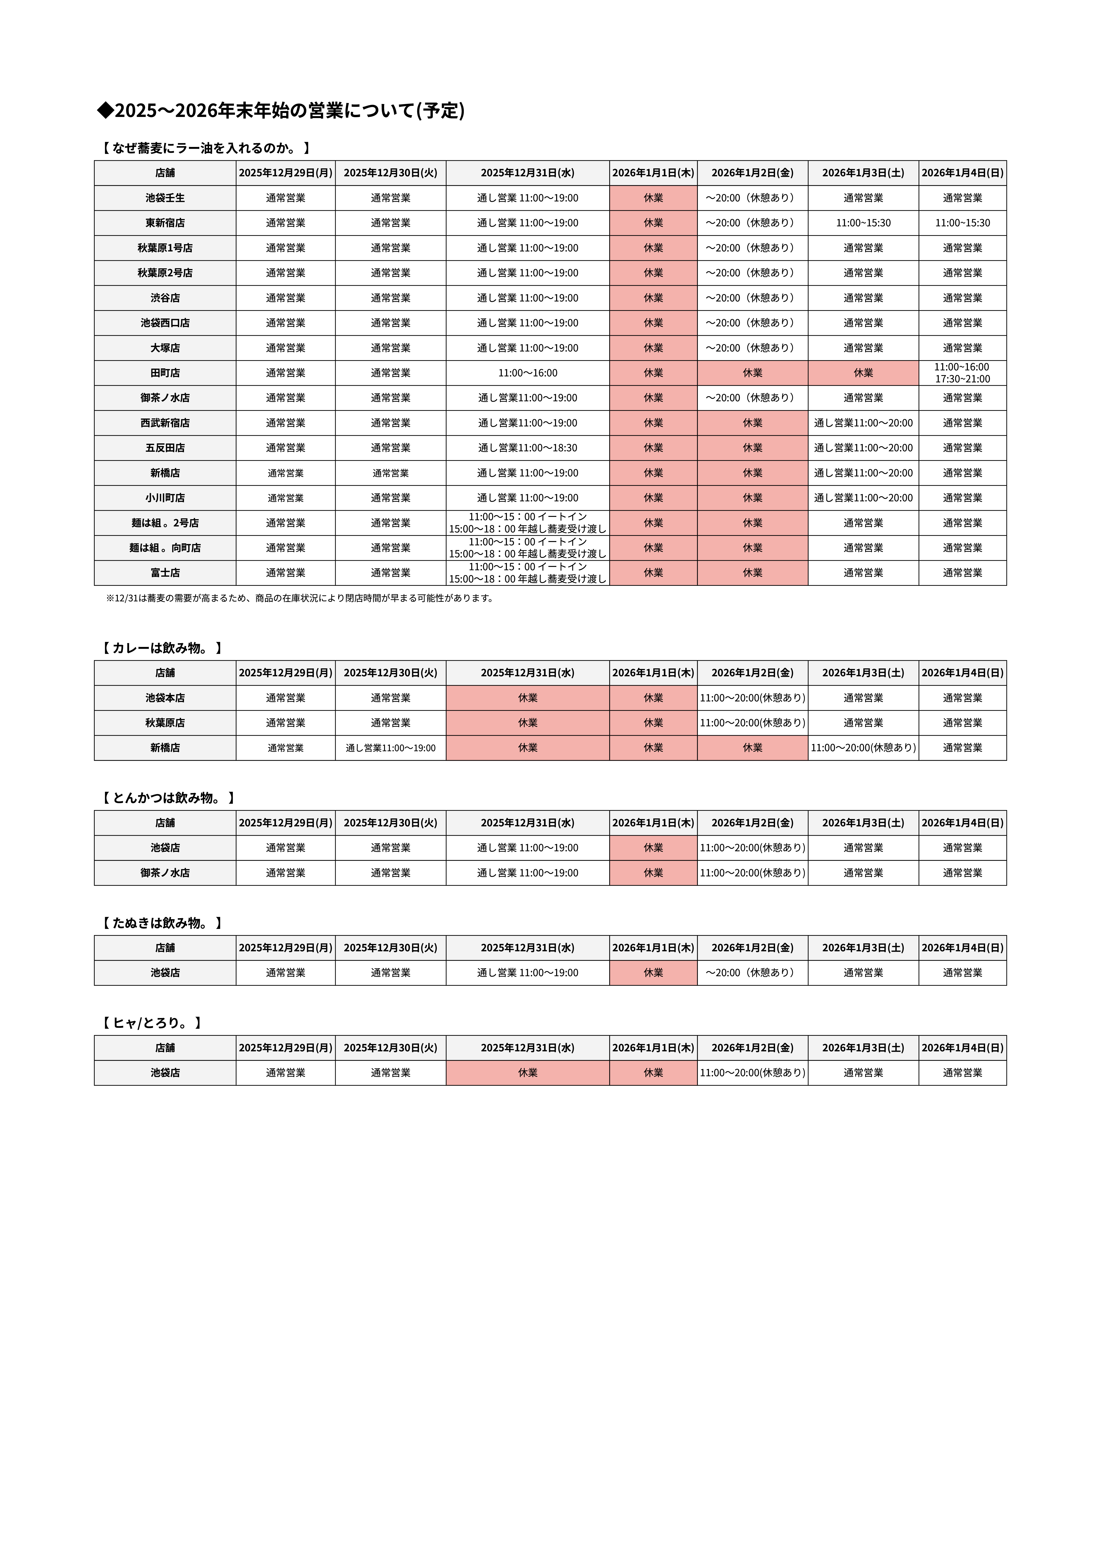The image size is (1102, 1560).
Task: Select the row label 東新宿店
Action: (165, 223)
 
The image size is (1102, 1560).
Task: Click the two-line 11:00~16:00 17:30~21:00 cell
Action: (962, 373)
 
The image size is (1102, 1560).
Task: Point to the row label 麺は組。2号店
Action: (165, 523)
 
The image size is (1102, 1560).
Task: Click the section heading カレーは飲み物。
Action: (162, 648)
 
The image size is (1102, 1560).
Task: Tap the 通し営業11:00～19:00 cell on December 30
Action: (391, 748)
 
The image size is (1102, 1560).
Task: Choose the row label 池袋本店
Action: (165, 698)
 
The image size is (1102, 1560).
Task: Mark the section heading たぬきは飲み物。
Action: (162, 923)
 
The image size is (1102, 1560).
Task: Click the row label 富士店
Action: (165, 573)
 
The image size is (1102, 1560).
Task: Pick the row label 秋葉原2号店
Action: (165, 273)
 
